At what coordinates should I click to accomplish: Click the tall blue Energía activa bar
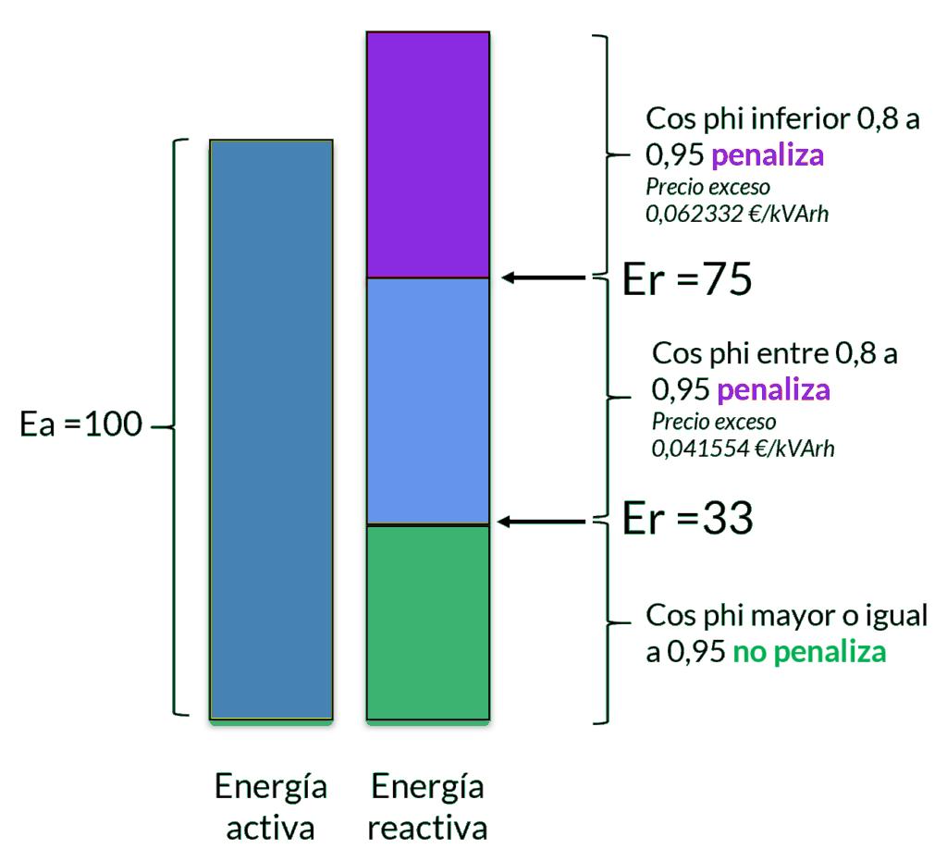click(271, 428)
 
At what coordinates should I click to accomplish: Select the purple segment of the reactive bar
click(427, 154)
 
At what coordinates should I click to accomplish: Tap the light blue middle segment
click(427, 400)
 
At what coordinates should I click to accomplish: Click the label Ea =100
click(80, 426)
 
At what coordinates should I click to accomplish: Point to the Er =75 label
click(687, 280)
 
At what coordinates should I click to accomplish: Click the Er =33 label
click(687, 520)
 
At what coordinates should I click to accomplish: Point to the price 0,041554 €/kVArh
click(743, 449)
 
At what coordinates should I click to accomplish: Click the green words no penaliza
click(810, 652)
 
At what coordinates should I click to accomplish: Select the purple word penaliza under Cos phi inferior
click(768, 154)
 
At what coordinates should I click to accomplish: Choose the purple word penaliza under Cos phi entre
click(773, 389)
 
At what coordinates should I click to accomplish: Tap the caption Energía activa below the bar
click(270, 807)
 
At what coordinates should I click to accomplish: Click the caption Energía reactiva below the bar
click(427, 807)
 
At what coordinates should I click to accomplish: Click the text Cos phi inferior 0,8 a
click(782, 119)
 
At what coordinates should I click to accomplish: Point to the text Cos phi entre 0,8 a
click(775, 353)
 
